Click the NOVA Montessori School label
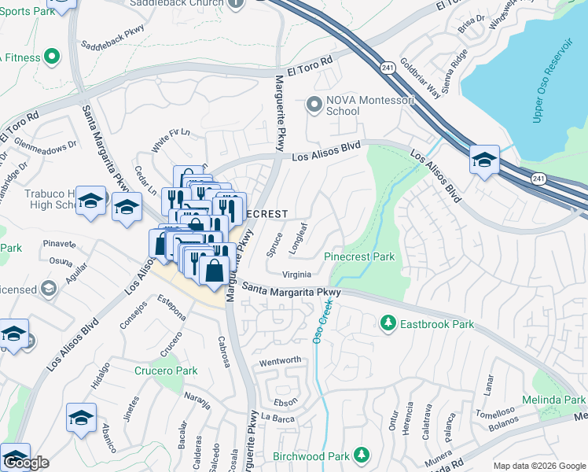point(343,105)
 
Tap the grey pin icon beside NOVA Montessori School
point(314,104)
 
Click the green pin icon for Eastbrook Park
point(388,323)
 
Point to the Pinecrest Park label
point(359,256)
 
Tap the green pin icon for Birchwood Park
point(361,455)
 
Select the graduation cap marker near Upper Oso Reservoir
point(484,160)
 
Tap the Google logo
point(26,463)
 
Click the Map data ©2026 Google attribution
point(539,466)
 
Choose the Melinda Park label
point(562,400)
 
